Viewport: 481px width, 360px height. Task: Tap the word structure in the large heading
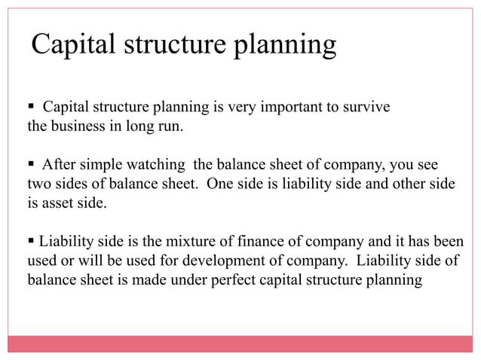click(178, 45)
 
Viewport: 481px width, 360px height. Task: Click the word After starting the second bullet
click(60, 164)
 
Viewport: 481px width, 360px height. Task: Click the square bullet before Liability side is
click(32, 243)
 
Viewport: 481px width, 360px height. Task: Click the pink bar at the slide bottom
click(240, 343)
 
